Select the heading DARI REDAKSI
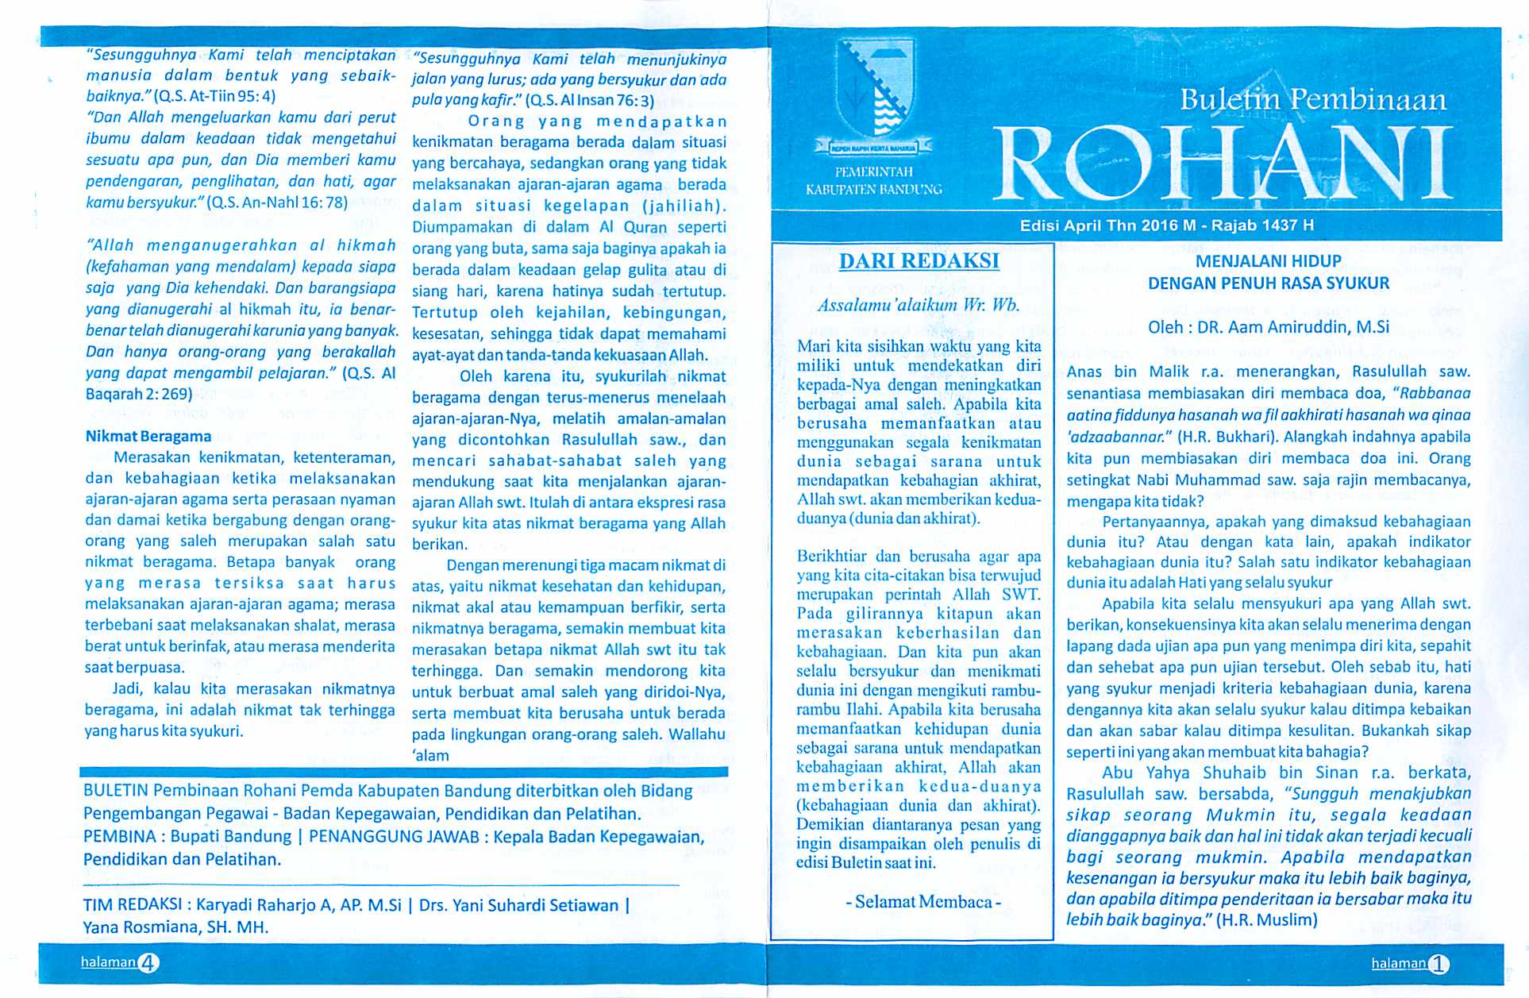pyautogui.click(x=919, y=261)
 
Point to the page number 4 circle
pyautogui.click(x=148, y=963)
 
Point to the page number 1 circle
pyautogui.click(x=1438, y=964)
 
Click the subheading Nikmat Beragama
pyautogui.click(x=148, y=436)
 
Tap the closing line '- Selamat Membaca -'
pyautogui.click(x=923, y=901)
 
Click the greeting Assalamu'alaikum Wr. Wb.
pyautogui.click(x=919, y=305)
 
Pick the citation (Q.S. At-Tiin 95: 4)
pyautogui.click(x=214, y=97)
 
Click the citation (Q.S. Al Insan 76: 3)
pyautogui.click(x=589, y=101)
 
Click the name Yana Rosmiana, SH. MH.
pyautogui.click(x=176, y=927)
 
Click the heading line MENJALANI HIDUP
pyautogui.click(x=1268, y=261)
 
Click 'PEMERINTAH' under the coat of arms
pyautogui.click(x=873, y=171)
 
